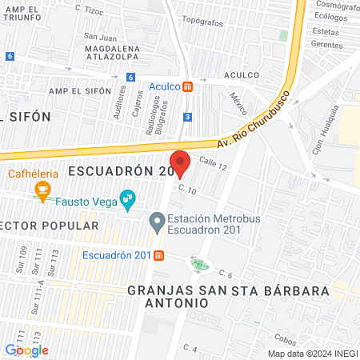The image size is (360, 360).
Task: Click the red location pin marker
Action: [x=180, y=162]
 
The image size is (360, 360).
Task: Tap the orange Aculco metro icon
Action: [x=186, y=86]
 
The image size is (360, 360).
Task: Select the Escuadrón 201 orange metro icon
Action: [x=159, y=255]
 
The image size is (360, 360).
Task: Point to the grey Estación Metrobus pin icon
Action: [x=157, y=219]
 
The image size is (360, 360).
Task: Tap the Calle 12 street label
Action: [x=214, y=165]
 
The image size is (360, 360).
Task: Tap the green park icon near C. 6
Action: [x=198, y=263]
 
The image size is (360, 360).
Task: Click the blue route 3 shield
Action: [x=186, y=117]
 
